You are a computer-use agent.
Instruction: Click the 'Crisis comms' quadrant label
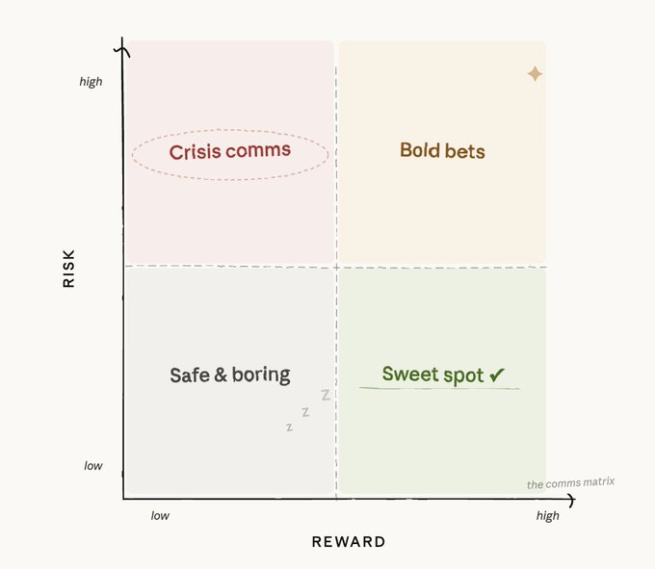[x=229, y=152]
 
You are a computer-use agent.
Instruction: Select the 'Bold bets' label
[x=442, y=151]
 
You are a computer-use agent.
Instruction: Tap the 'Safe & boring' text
[x=229, y=375]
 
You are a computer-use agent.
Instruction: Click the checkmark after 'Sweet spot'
[x=497, y=375]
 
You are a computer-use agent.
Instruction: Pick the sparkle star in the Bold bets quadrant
[x=535, y=74]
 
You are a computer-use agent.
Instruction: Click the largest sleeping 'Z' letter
[x=326, y=395]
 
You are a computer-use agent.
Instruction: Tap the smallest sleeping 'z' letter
[x=289, y=427]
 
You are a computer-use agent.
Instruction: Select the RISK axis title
[x=68, y=269]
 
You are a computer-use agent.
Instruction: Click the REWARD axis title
[x=349, y=542]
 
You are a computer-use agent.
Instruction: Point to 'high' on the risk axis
[x=91, y=82]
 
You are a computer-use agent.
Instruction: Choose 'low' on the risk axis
[x=92, y=466]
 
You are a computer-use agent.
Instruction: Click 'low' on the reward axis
[x=160, y=516]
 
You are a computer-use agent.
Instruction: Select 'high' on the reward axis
[x=547, y=516]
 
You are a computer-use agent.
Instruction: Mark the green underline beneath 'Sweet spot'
[x=439, y=388]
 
